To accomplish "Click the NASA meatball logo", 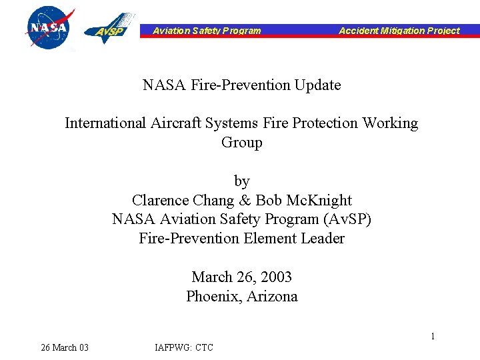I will pyautogui.click(x=48, y=27).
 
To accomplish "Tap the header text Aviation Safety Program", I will pyautogui.click(x=207, y=30).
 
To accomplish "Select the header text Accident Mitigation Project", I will pyautogui.click(x=399, y=30).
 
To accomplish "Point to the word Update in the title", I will pyautogui.click(x=317, y=85).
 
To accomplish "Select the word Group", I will pyautogui.click(x=241, y=143).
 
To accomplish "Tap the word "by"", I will pyautogui.click(x=241, y=181).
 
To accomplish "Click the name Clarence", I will pyautogui.click(x=160, y=201).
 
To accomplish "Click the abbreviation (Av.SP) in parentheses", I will pyautogui.click(x=346, y=219).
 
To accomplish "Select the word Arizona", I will pyautogui.click(x=272, y=297).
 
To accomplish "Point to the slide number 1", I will pyautogui.click(x=432, y=336).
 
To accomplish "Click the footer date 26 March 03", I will pyautogui.click(x=65, y=347).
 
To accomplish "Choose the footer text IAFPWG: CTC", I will pyautogui.click(x=184, y=347).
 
